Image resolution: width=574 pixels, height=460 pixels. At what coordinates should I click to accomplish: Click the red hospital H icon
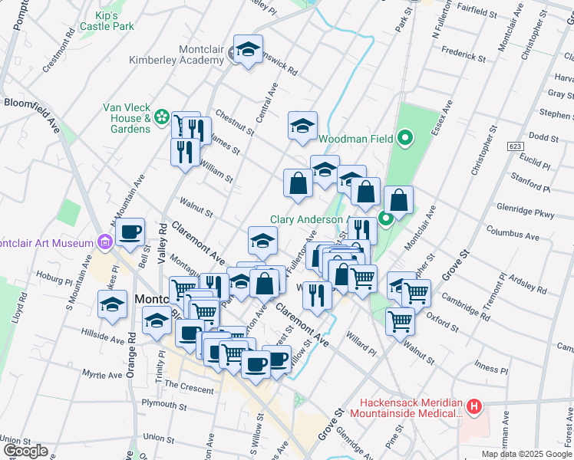pos(475,406)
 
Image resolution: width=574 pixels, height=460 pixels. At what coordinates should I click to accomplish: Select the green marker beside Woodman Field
pos(406,139)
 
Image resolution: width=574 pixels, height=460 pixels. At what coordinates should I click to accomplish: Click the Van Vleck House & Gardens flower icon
pos(162,117)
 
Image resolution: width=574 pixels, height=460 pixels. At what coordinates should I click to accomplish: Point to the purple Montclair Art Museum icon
pos(106,243)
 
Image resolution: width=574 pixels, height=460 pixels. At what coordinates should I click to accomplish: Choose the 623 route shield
pos(514,145)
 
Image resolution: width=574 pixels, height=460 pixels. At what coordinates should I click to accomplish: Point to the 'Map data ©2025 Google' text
pos(526,454)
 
